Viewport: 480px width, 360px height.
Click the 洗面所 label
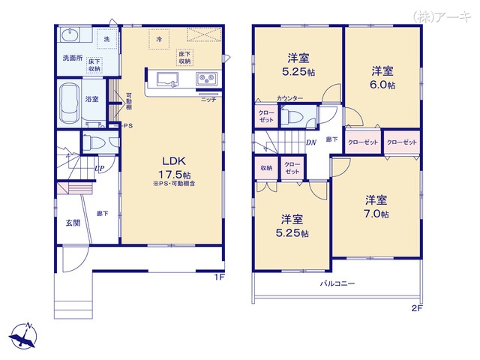click(x=72, y=57)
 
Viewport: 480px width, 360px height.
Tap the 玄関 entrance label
click(x=71, y=222)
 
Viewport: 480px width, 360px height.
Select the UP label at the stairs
click(x=99, y=168)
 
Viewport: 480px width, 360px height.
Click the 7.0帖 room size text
click(x=376, y=214)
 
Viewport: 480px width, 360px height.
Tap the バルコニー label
click(x=337, y=283)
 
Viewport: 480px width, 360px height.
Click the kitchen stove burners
click(x=206, y=79)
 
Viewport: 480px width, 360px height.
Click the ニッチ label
click(x=208, y=99)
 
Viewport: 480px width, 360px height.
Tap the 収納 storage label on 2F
click(x=266, y=167)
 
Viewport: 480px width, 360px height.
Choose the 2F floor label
click(x=416, y=307)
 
